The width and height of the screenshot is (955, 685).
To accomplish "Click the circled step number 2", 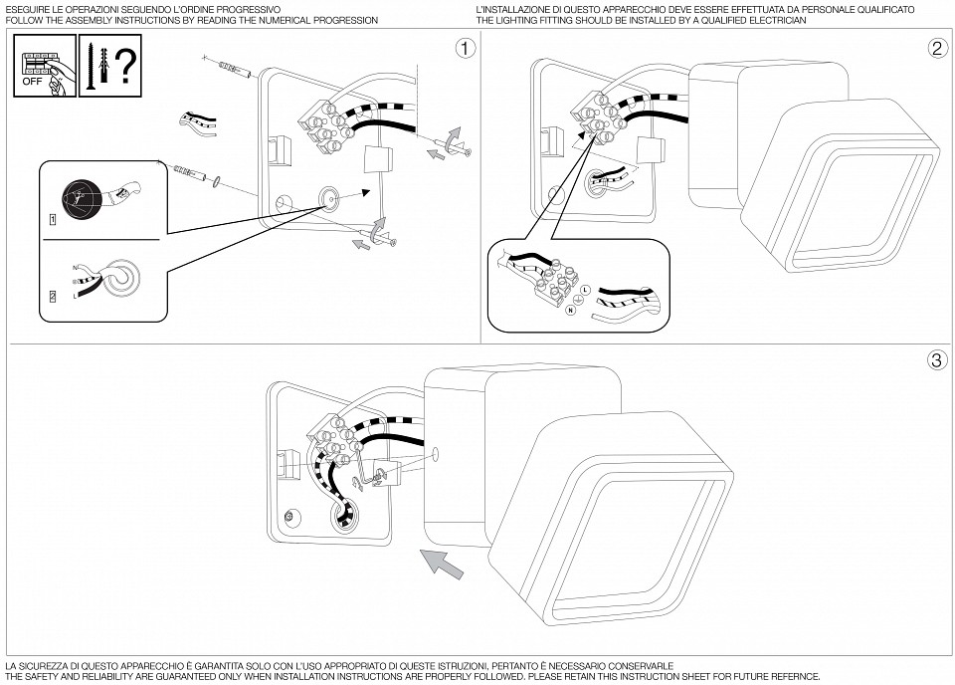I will pos(936,47).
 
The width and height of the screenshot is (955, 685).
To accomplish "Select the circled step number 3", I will pos(936,359).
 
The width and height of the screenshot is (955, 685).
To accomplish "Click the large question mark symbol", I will pos(125,65).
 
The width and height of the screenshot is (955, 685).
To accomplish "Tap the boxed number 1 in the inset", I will pos(52,217).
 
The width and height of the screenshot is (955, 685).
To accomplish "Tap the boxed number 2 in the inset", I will pos(52,296).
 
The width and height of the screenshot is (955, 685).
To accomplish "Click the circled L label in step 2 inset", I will pos(585,289).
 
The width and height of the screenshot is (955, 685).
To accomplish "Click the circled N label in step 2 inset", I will pos(570,310).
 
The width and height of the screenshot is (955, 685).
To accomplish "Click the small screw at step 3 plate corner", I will pos(288,516).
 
